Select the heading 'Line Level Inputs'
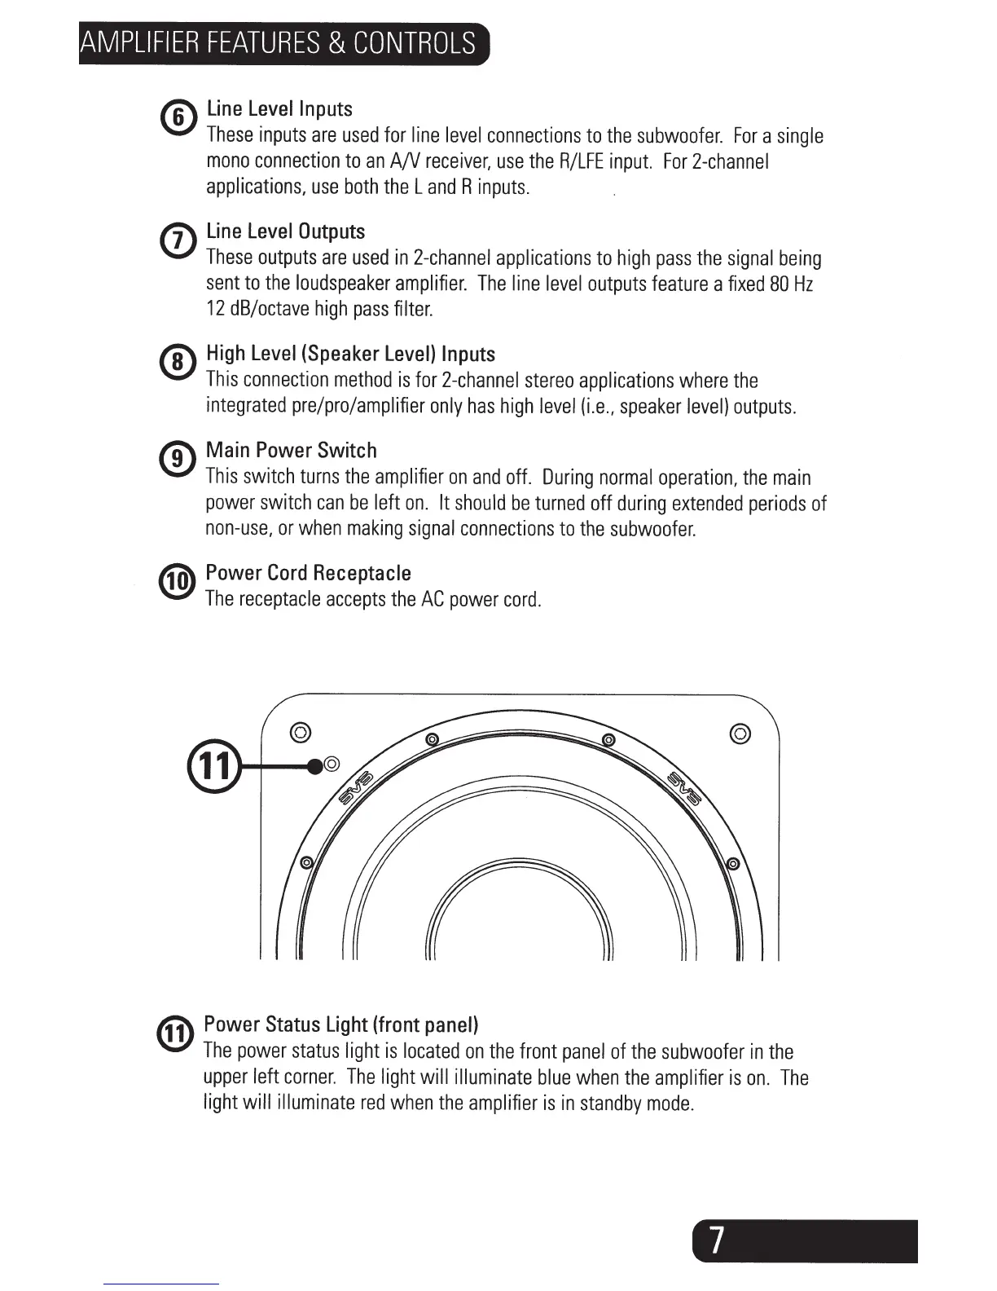pyautogui.click(x=279, y=109)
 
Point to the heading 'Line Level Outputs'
pyautogui.click(x=285, y=231)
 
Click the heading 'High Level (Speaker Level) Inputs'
pyautogui.click(x=350, y=354)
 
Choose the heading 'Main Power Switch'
pyautogui.click(x=291, y=451)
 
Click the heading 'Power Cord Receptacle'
pyautogui.click(x=308, y=573)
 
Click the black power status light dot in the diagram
pyautogui.click(x=315, y=765)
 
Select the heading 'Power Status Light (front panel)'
pyautogui.click(x=340, y=1024)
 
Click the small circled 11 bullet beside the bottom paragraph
pyautogui.click(x=175, y=1034)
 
